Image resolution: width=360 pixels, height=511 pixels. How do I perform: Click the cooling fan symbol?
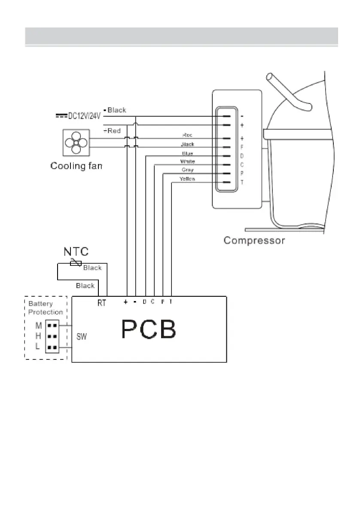pos(76,143)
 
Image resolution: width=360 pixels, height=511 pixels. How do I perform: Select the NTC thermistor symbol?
pos(76,263)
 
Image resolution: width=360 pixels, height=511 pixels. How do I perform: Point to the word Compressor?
pos(254,240)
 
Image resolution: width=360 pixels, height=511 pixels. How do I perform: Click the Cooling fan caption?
pos(76,166)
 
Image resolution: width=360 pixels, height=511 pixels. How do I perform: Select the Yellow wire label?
pos(187,179)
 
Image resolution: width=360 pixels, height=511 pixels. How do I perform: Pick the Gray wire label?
pos(187,170)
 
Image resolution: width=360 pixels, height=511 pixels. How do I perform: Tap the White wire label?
pos(187,161)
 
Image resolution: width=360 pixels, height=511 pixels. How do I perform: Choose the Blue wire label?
pos(187,153)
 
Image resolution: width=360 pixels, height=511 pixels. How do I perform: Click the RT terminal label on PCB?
pos(102,303)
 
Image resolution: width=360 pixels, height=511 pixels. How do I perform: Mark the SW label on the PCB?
pos(82,337)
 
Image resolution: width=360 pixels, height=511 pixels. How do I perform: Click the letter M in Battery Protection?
pos(39,326)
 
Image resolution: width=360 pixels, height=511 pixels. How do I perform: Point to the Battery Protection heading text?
pos(46,308)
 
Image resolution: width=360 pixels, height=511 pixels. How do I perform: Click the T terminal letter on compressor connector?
pos(242,182)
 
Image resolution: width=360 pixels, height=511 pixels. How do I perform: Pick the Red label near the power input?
pos(113,131)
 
